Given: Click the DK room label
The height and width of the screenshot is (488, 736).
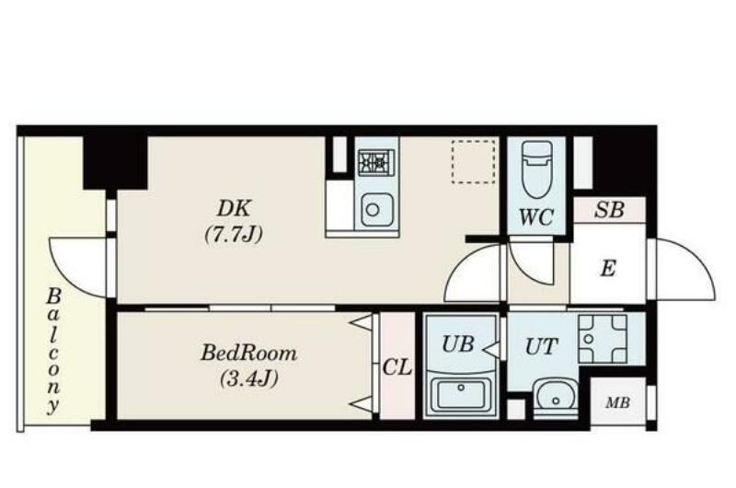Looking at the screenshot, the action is coord(235,208).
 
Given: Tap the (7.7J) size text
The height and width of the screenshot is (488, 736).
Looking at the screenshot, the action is coord(234,234).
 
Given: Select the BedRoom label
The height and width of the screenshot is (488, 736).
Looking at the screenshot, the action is coord(248,353).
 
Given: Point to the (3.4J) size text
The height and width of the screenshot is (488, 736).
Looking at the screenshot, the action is coord(249,378).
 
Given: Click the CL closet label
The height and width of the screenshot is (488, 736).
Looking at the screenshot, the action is coord(397,366).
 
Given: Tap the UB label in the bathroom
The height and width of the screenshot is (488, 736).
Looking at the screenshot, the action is coord(457,344).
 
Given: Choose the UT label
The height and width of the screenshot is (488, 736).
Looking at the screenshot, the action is coord(541,346).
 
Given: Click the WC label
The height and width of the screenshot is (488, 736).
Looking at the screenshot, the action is coord(536,217).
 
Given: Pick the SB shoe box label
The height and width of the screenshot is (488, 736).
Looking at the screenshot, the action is coord(609,210).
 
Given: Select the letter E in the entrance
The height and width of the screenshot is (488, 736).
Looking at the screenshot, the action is coord(608,269).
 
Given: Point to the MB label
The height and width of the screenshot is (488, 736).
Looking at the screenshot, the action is coord(617,402).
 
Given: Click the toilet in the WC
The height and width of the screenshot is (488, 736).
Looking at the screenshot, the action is coord(537,169).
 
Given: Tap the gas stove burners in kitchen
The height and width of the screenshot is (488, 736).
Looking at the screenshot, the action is coord(376,162).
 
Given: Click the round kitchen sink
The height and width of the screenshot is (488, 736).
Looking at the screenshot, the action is coord(376,210).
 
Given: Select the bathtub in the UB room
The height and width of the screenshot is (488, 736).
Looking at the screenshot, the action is coord(461,393).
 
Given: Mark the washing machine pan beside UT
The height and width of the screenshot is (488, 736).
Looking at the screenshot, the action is coord(603,339).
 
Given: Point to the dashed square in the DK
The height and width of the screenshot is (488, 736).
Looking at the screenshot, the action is coord(473,161).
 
